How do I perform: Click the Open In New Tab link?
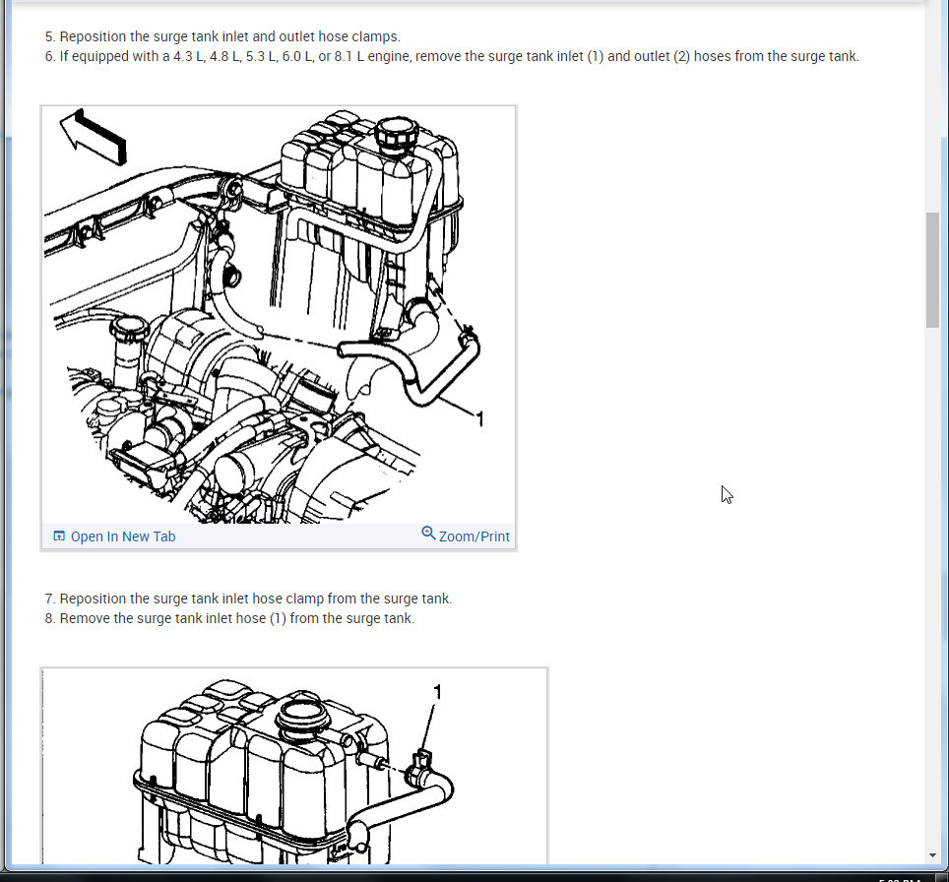pyautogui.click(x=122, y=536)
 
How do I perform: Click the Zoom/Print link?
pyautogui.click(x=474, y=536)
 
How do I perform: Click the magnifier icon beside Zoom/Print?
pyautogui.click(x=428, y=534)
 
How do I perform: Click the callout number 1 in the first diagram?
pyautogui.click(x=479, y=420)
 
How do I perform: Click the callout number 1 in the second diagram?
pyautogui.click(x=438, y=693)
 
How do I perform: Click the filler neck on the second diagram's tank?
pyautogui.click(x=304, y=718)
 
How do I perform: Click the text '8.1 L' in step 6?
pyautogui.click(x=381, y=56)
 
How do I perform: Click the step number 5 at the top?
pyautogui.click(x=49, y=36)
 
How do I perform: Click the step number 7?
pyautogui.click(x=49, y=598)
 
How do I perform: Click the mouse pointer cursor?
pyautogui.click(x=726, y=493)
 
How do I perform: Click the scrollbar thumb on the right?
pyautogui.click(x=932, y=270)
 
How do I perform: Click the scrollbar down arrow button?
pyautogui.click(x=932, y=854)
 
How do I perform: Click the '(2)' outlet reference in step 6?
pyautogui.click(x=681, y=56)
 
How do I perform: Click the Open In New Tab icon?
pyautogui.click(x=59, y=536)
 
